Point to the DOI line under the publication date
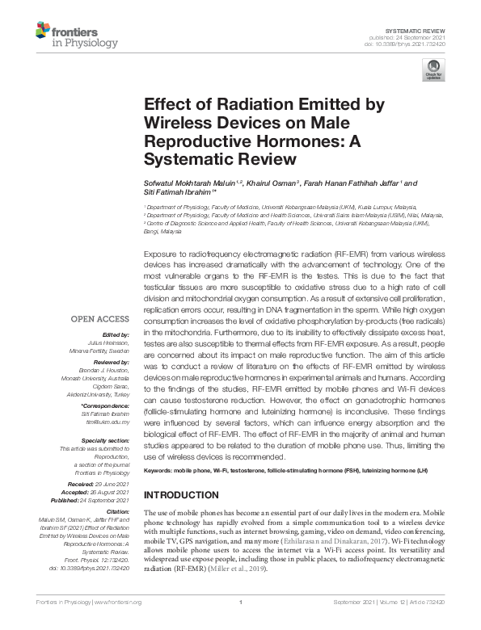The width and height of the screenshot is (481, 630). coord(412,43)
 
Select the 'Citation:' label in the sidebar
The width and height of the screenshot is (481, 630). coord(116,512)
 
